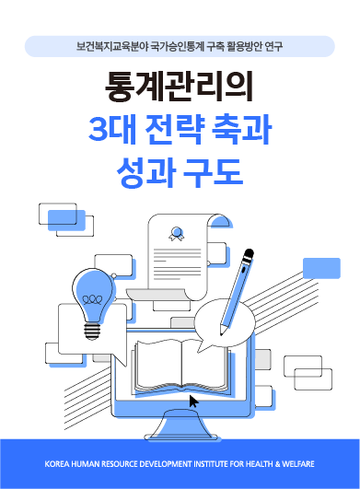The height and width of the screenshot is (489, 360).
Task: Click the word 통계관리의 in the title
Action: (x=180, y=87)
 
